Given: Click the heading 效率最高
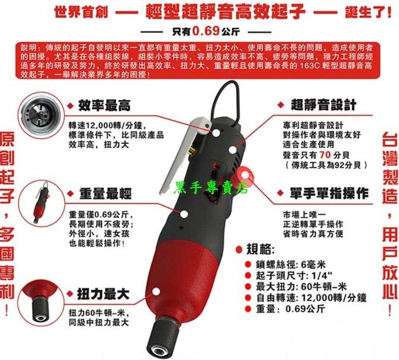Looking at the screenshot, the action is point(104,105).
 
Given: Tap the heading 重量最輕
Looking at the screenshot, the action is point(105,193).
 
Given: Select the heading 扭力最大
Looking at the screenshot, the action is point(103,294).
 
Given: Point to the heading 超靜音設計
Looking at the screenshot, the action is point(323,105).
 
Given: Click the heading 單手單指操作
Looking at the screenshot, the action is point(329,193).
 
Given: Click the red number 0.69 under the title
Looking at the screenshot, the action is point(205,31).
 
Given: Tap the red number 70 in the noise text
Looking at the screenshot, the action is point(325,155).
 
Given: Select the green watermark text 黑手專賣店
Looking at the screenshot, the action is point(210,188).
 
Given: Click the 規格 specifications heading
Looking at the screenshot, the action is point(260,250).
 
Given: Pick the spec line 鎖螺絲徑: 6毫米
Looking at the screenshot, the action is point(291,265).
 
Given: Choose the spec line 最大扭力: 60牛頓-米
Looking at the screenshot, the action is point(301,287).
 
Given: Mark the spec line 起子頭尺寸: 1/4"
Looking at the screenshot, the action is point(294,276).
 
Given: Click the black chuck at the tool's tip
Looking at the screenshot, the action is point(163,337).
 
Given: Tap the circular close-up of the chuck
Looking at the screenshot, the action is point(42,303).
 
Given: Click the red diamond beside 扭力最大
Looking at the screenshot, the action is point(70,294).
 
